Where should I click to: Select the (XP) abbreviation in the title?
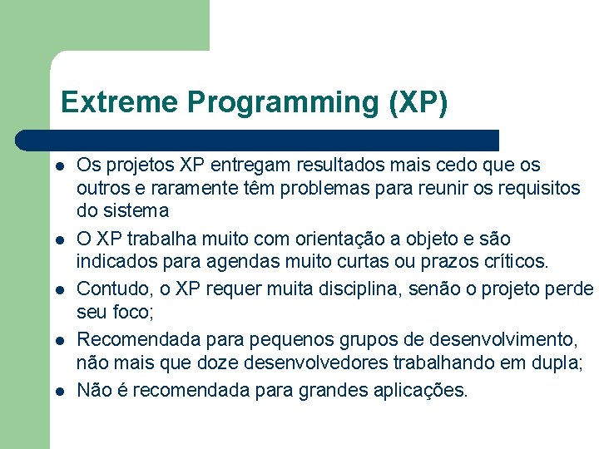[418, 102]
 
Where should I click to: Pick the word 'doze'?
[209, 363]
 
